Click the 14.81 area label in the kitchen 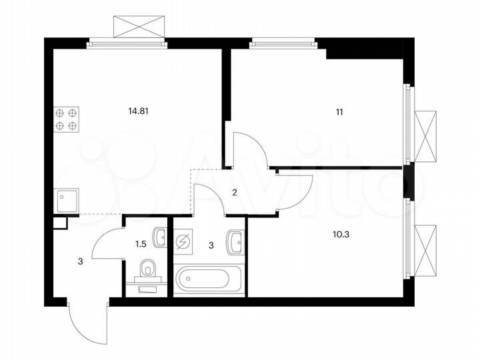[137, 112]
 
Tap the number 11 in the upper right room [340, 112]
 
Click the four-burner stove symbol [67, 119]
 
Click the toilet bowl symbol [147, 271]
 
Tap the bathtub [209, 280]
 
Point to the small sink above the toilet [159, 236]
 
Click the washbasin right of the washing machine [235, 241]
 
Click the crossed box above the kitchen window [138, 25]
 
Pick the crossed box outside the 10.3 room [427, 251]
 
